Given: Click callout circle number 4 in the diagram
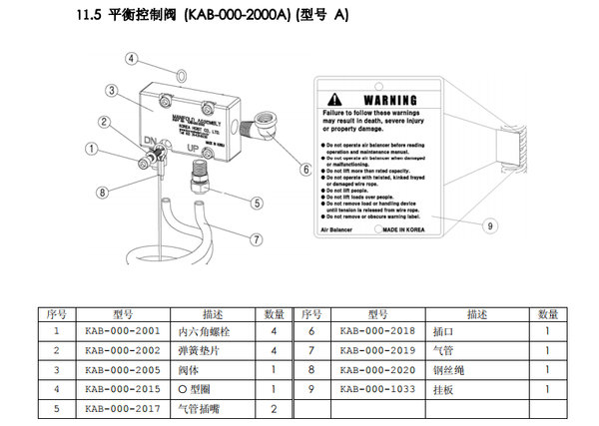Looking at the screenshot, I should pyautogui.click(x=131, y=58).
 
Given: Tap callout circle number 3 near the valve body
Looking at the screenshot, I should pyautogui.click(x=113, y=90).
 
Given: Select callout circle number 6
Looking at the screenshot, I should pyautogui.click(x=305, y=170).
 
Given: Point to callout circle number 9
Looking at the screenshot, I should pyautogui.click(x=488, y=225).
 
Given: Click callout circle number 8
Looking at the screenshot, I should pyautogui.click(x=101, y=192).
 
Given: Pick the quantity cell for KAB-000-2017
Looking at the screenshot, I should pyautogui.click(x=273, y=408).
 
